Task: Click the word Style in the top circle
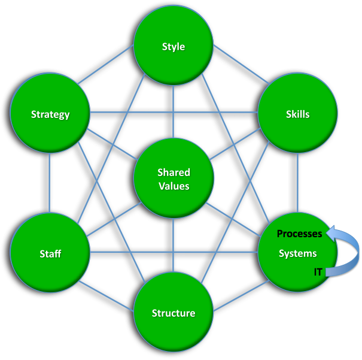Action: pyautogui.click(x=174, y=46)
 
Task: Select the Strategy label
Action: pyautogui.click(x=50, y=114)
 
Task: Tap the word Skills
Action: pyautogui.click(x=297, y=114)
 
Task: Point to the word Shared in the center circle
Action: pyautogui.click(x=174, y=173)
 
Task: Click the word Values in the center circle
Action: pyautogui.click(x=174, y=186)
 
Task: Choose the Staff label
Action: pyautogui.click(x=50, y=253)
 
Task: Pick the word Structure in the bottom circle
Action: pyautogui.click(x=174, y=313)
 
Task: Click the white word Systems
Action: pyautogui.click(x=297, y=253)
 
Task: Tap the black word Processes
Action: pyautogui.click(x=299, y=234)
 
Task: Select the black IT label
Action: pyautogui.click(x=318, y=272)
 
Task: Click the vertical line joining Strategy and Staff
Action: pyautogui.click(x=50, y=183)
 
